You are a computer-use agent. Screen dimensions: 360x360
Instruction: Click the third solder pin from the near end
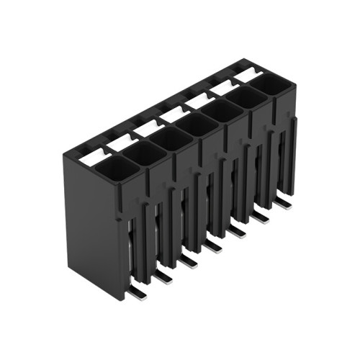pyautogui.click(x=189, y=261)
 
